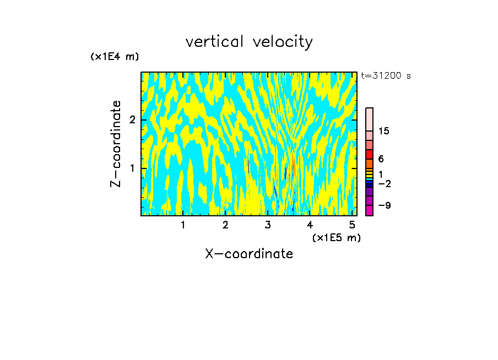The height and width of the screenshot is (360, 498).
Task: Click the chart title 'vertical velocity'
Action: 249,42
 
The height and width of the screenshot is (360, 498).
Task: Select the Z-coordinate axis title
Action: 116,144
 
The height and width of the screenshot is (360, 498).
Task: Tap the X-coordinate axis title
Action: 249,254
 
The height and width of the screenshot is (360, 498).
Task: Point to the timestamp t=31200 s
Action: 386,76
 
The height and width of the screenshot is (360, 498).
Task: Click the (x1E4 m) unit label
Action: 115,57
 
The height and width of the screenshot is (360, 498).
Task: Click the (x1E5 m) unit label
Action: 336,237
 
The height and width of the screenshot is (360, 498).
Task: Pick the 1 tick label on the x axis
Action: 183,225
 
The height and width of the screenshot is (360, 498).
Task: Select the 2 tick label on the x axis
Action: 225,225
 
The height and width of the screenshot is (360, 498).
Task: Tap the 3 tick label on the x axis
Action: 268,225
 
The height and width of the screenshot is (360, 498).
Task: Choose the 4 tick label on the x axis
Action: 310,225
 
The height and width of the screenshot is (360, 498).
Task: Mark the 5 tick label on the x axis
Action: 352,225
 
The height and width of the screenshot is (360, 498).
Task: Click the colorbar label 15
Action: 384,131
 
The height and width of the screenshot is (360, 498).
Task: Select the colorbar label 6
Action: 381,159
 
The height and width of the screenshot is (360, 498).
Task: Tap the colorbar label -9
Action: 384,205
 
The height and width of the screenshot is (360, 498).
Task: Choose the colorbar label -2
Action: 384,183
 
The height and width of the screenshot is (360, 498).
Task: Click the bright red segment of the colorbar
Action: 369,154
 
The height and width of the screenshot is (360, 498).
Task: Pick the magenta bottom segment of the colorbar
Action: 369,210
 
